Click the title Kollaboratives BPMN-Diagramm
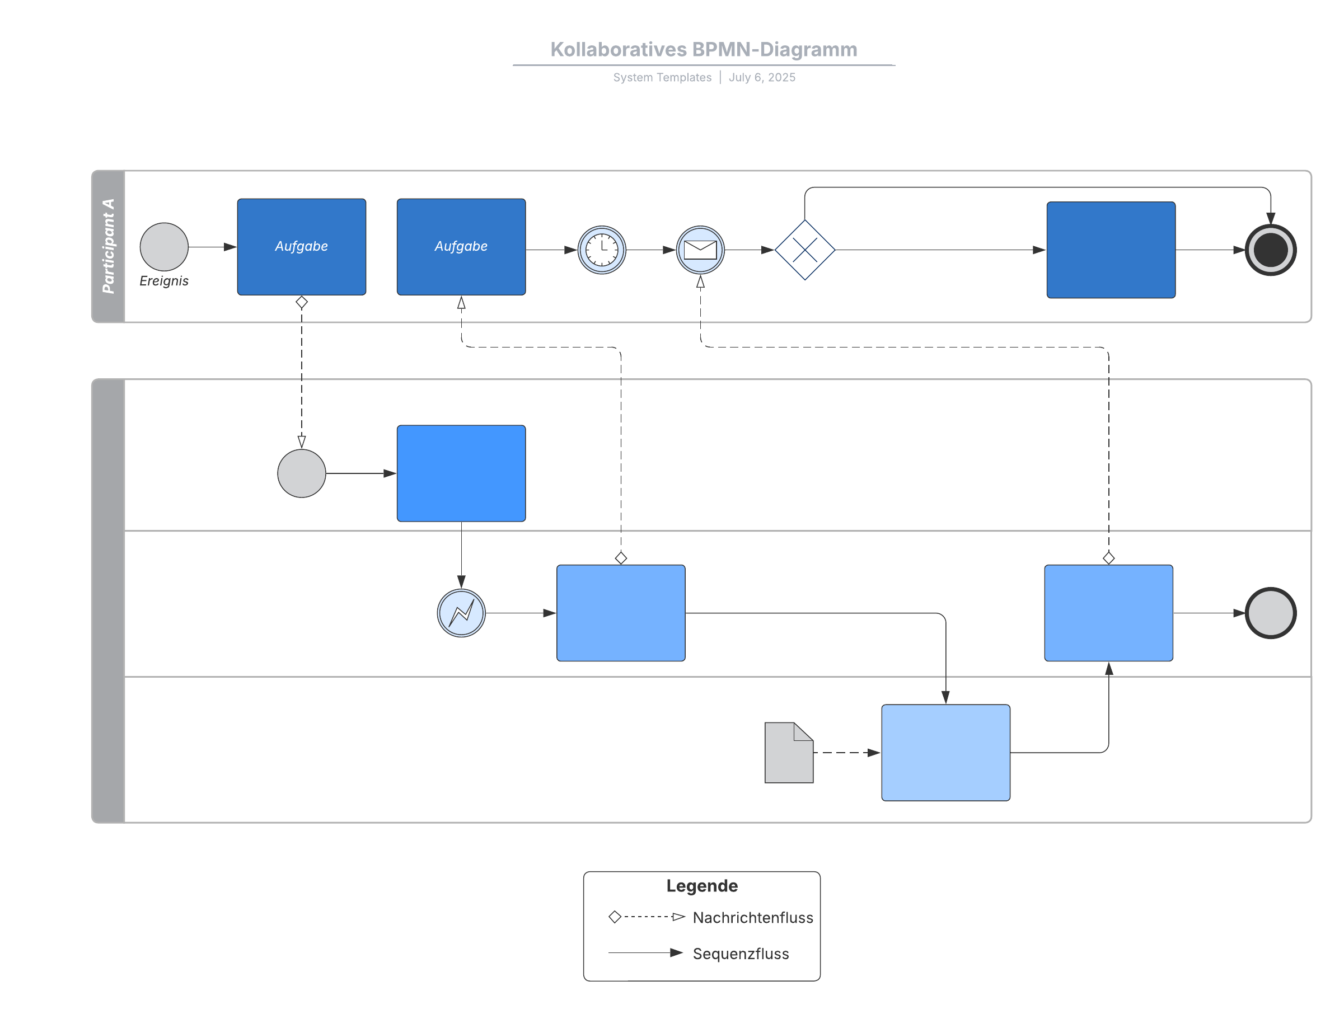[x=703, y=49]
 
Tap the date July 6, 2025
[x=761, y=77]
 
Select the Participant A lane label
[x=108, y=246]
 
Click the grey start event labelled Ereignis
[x=164, y=247]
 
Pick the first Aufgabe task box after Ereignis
[x=301, y=247]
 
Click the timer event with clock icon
[x=602, y=250]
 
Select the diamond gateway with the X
[x=804, y=250]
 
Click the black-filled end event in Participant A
[x=1270, y=250]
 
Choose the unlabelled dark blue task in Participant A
[x=1110, y=250]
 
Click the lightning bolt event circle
[x=461, y=612]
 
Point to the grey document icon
[x=788, y=752]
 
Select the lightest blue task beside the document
[x=945, y=752]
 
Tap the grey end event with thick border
[x=1270, y=612]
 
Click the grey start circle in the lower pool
[x=301, y=473]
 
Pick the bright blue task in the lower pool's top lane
[x=461, y=473]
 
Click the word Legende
[x=702, y=885]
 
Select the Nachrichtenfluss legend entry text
[x=752, y=917]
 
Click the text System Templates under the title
[x=662, y=77]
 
